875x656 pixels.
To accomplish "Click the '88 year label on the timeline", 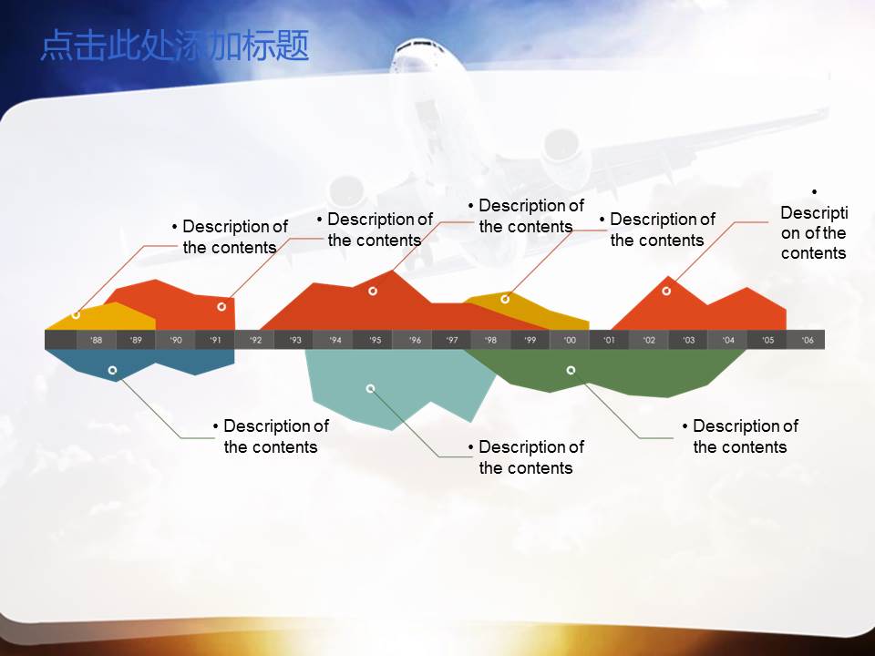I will [97, 340].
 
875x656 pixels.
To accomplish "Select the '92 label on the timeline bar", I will [255, 340].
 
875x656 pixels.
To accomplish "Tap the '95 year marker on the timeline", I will [375, 340].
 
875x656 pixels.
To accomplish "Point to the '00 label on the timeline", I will [570, 340].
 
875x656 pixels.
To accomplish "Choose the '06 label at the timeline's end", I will [808, 340].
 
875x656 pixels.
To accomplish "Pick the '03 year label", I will [688, 340].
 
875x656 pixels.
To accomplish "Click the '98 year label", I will [490, 340].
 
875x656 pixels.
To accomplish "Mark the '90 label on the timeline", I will [176, 340].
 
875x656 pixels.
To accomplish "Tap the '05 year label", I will [768, 340].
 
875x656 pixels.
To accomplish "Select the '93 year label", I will [295, 340].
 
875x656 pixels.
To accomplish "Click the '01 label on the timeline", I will [609, 340].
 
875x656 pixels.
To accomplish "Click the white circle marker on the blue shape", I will [112, 371].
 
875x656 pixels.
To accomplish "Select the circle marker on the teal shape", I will [370, 389].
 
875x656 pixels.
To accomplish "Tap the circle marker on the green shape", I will [571, 370].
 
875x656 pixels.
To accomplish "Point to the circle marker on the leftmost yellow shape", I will [76, 314].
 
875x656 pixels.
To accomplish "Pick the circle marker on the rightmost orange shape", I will [666, 291].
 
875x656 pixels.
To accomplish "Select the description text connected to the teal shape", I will [526, 457].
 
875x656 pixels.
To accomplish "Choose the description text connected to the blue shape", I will [271, 436].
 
